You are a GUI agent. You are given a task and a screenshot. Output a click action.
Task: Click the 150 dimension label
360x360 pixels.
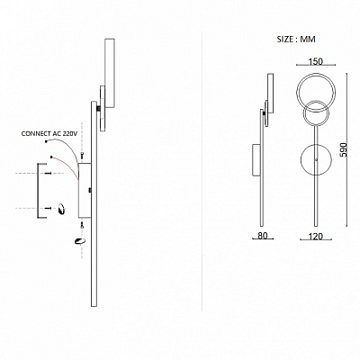tap(316, 61)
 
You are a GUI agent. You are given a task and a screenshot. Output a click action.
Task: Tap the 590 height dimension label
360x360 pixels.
tap(344, 149)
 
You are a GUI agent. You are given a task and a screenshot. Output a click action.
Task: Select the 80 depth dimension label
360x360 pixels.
tap(263, 236)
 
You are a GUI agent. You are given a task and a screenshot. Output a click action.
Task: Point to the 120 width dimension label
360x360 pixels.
tap(316, 237)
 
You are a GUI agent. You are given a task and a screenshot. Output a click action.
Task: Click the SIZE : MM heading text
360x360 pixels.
tap(296, 40)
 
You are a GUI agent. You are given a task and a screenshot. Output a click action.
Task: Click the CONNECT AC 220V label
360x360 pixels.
tap(49, 134)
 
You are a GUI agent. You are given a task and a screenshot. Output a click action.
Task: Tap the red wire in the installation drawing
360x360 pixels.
tap(65, 167)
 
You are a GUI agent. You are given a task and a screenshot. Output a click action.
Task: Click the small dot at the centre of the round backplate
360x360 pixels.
tap(316, 159)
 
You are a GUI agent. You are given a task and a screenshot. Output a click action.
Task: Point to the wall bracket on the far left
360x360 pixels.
tap(38, 191)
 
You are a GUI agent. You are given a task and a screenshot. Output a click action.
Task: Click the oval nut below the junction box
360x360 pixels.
tap(80, 241)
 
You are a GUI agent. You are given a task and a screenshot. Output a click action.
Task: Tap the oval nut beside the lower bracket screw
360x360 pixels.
tap(62, 209)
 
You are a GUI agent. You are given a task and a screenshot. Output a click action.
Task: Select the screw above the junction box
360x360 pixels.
tap(82, 156)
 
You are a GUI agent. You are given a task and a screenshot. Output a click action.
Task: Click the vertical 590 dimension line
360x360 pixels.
tap(347, 149)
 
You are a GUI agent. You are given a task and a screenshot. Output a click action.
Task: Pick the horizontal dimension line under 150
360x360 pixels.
tap(316, 65)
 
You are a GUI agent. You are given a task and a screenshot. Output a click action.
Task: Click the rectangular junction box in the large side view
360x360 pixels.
tap(85, 190)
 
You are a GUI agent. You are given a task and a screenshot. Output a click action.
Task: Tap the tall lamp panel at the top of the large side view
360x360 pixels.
tap(110, 73)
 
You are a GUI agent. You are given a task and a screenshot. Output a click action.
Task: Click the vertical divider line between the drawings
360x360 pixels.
tap(202, 171)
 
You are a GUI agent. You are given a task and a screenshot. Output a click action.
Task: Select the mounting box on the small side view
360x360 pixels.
tap(256, 160)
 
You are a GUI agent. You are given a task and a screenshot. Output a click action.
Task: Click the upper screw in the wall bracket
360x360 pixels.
tap(48, 173)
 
